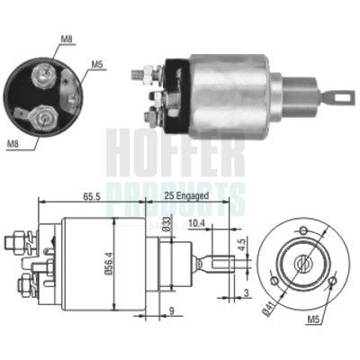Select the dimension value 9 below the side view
pyautogui.click(x=173, y=314)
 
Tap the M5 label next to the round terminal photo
pyautogui.click(x=97, y=64)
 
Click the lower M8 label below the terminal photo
pyautogui.click(x=13, y=142)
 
